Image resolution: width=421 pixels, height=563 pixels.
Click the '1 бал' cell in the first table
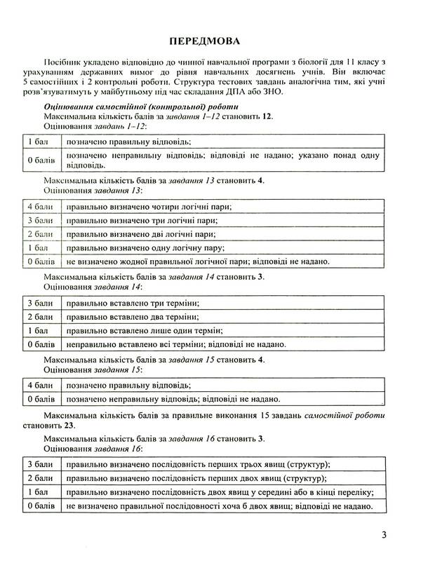click(x=39, y=141)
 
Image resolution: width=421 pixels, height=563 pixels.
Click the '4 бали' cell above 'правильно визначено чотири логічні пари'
click(x=40, y=207)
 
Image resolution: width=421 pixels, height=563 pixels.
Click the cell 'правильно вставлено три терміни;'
click(x=131, y=303)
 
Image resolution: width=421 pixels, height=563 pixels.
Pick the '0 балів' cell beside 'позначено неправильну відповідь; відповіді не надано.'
click(x=40, y=400)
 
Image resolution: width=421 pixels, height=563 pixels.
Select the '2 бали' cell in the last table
click(x=40, y=479)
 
